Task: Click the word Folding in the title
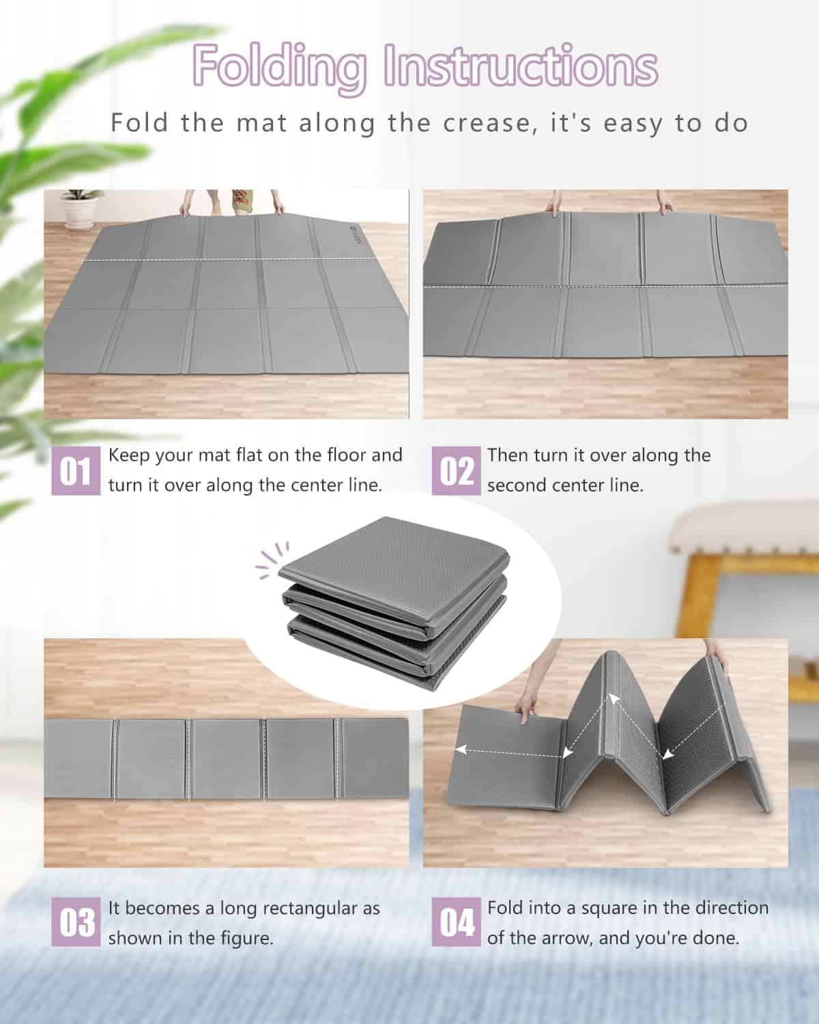[280, 68]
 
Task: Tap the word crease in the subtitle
[486, 124]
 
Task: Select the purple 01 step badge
[76, 470]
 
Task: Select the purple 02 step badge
[456, 470]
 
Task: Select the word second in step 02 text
[515, 485]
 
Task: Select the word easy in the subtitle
[632, 124]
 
